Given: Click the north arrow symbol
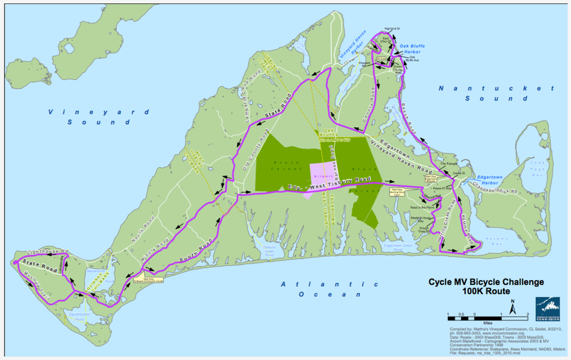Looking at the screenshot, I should click(x=513, y=308).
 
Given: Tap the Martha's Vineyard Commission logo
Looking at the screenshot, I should click(x=548, y=310).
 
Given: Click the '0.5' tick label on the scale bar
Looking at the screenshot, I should click(x=460, y=314).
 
